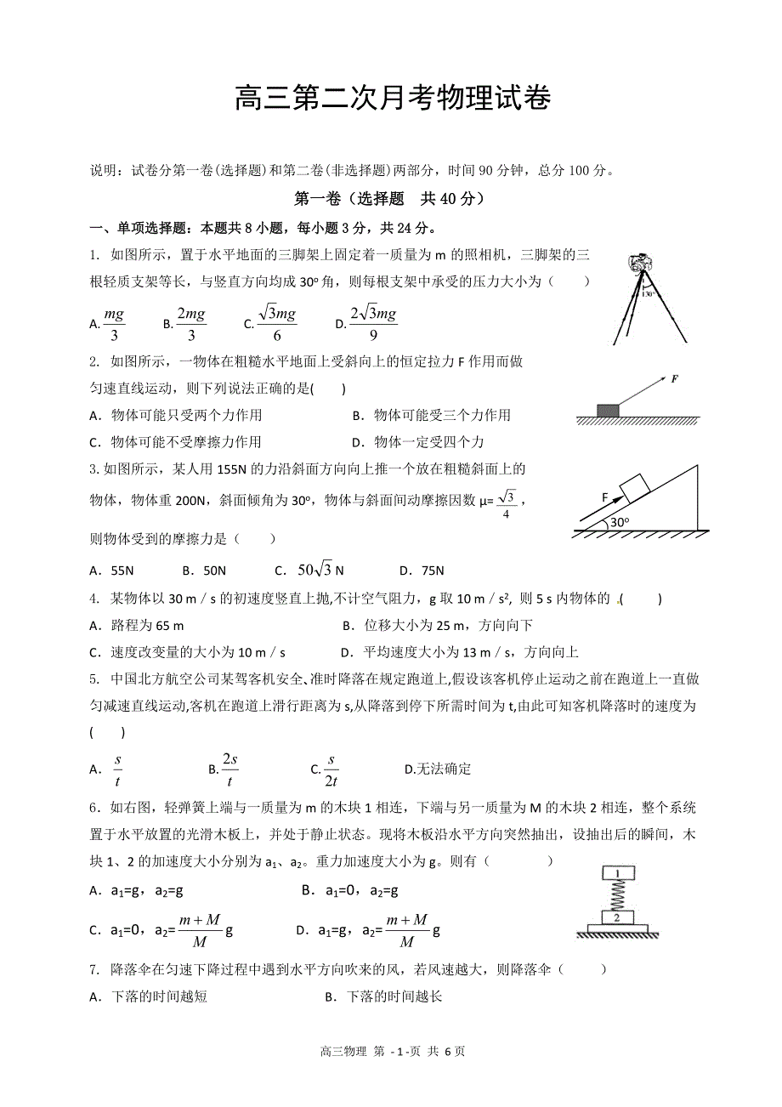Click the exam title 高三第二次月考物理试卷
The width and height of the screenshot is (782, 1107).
click(392, 99)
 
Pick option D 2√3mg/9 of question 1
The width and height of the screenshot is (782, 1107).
click(366, 322)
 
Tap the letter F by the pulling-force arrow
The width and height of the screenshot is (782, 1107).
click(674, 378)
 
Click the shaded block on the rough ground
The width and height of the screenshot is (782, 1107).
click(609, 411)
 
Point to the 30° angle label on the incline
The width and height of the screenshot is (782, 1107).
click(620, 523)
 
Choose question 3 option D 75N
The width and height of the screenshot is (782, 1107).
click(422, 571)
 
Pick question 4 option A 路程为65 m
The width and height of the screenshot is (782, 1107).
click(137, 626)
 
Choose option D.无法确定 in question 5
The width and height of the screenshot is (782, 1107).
click(438, 769)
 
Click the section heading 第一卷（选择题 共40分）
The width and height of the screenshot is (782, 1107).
click(389, 199)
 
